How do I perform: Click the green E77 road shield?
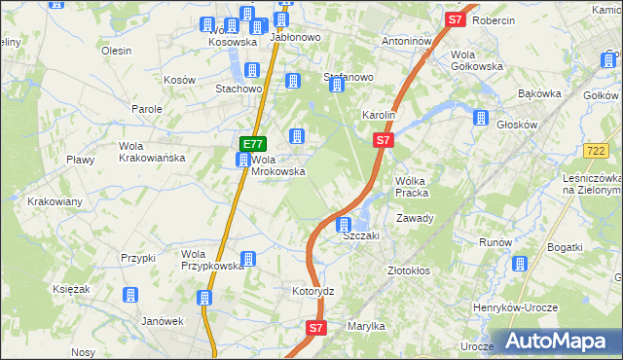248,144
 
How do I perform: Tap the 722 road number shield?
598,151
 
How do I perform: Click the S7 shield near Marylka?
315,329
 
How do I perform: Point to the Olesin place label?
116,51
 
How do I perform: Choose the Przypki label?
138,258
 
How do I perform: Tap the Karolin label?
378,115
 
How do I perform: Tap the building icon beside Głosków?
480,118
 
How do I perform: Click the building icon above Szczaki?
344,225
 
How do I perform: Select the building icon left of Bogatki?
519,264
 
